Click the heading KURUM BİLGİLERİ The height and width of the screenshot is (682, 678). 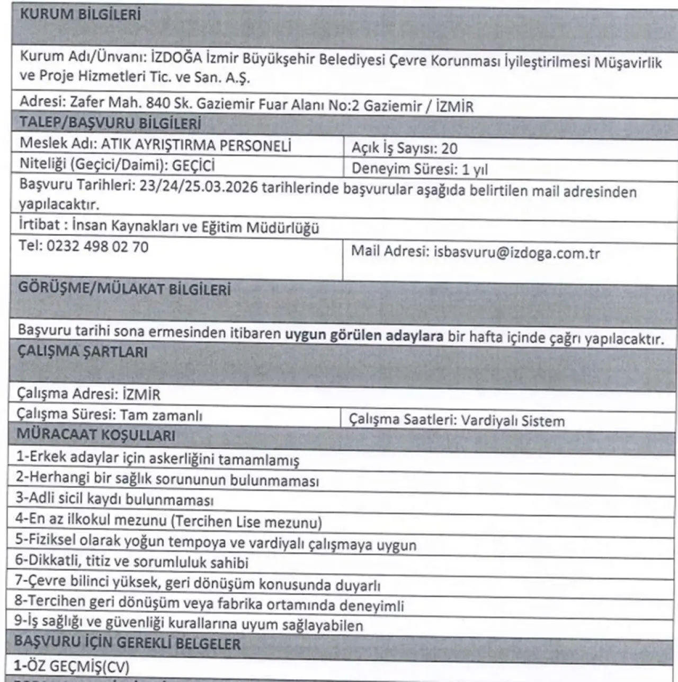pos(80,14)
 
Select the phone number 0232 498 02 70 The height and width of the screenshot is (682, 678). pos(97,247)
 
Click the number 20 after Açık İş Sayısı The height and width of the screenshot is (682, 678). pos(449,148)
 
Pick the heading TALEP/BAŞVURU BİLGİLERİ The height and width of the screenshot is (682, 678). pos(110,123)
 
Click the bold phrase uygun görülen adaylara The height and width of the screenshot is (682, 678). pos(364,336)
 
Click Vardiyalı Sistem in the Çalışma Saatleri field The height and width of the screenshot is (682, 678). pos(513,421)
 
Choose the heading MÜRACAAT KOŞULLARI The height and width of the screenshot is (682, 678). pos(96,435)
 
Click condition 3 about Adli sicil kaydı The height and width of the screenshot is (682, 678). pos(114,500)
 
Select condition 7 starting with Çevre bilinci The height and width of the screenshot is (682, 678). pos(198,584)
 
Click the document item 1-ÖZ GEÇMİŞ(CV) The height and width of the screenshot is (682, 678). pos(72,666)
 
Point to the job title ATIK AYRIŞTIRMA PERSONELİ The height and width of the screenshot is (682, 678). pos(196,145)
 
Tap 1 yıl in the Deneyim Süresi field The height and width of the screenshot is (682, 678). pos(475,169)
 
